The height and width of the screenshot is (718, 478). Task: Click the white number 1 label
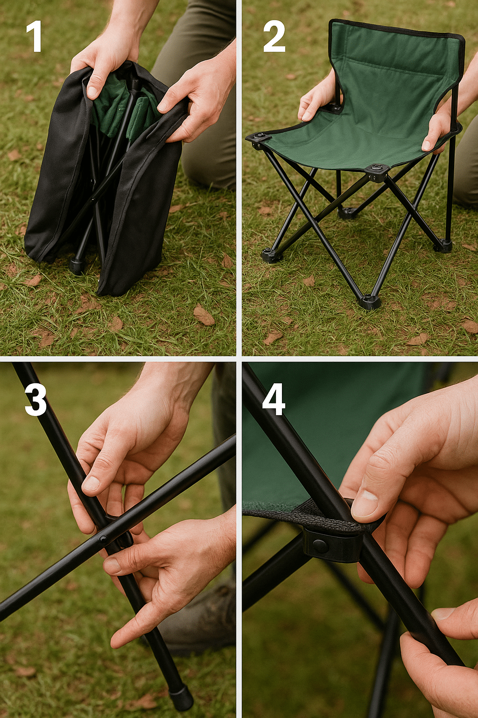pyautogui.click(x=34, y=36)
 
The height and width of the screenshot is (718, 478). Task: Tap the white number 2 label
pyautogui.click(x=274, y=36)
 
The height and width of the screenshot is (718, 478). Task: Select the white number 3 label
pyautogui.click(x=35, y=400)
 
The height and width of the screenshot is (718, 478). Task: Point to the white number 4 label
pyautogui.click(x=274, y=400)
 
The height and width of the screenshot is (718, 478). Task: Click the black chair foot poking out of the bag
pyautogui.click(x=77, y=266)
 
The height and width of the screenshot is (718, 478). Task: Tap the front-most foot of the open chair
pyautogui.click(x=370, y=302)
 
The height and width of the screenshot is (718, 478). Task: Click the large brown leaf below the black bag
pyautogui.click(x=204, y=315)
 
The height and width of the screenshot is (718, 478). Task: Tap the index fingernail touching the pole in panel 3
pyautogui.click(x=91, y=483)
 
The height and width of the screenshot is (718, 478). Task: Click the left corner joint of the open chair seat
pyautogui.click(x=259, y=139)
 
